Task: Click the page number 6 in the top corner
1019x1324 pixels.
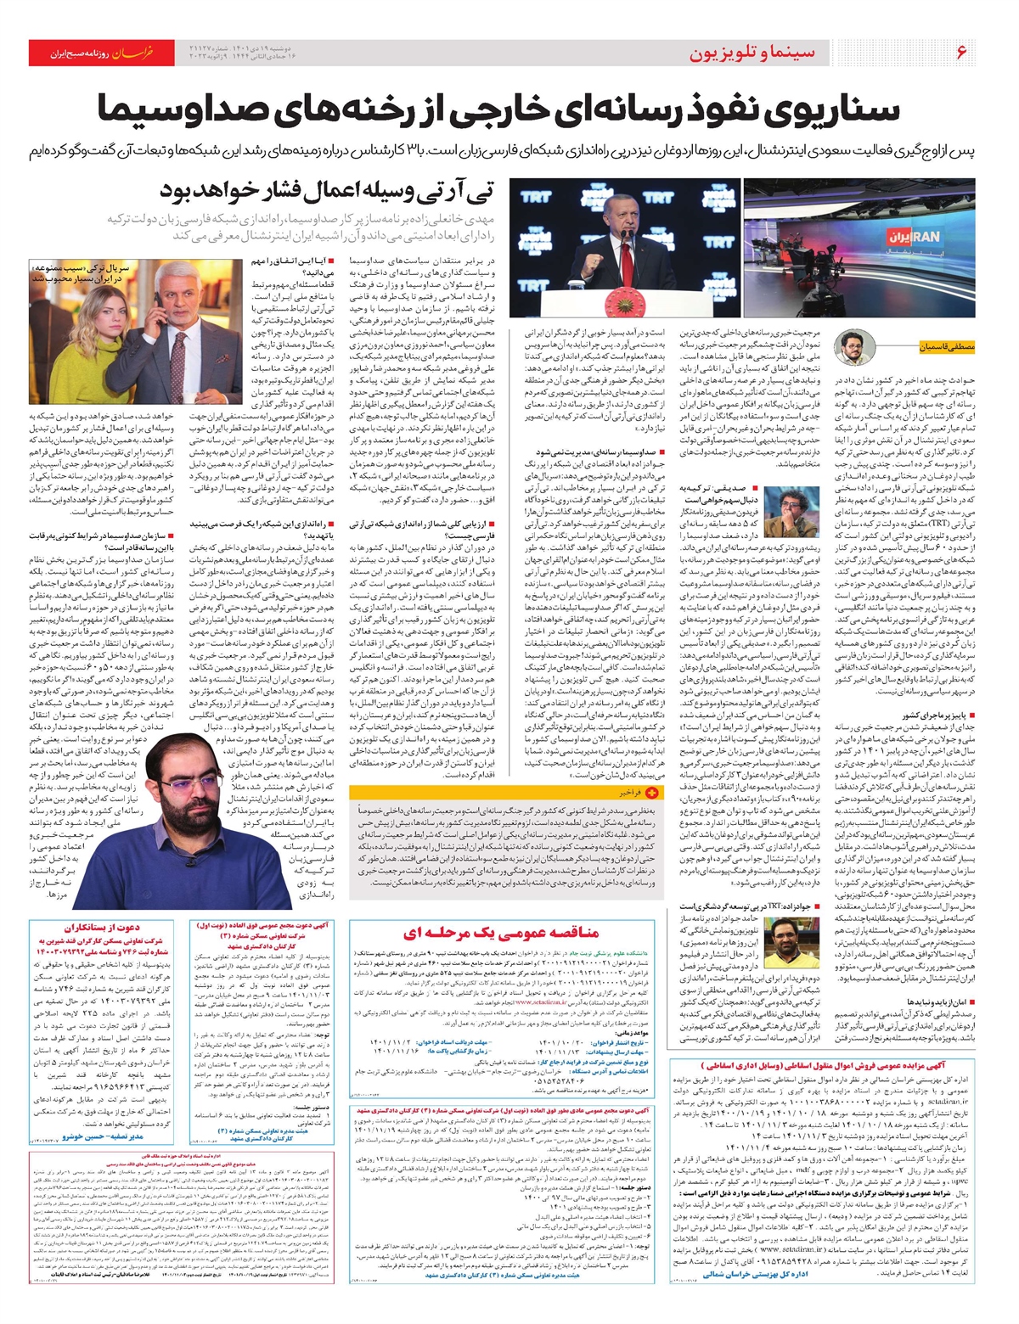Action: (x=961, y=52)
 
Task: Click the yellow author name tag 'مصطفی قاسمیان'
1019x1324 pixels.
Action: (x=945, y=346)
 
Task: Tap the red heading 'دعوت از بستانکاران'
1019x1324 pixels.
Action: (x=102, y=928)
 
